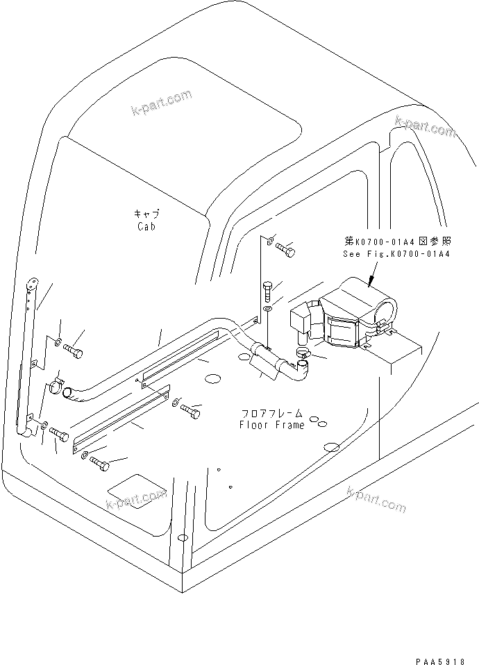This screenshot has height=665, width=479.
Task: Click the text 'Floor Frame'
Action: (272, 425)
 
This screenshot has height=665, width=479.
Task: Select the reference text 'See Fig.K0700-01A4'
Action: (396, 254)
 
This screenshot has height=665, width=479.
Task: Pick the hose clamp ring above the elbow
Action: (303, 354)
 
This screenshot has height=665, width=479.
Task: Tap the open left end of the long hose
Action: (67, 394)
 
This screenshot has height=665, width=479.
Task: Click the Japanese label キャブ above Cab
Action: (146, 214)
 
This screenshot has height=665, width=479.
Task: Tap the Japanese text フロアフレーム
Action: (273, 413)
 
